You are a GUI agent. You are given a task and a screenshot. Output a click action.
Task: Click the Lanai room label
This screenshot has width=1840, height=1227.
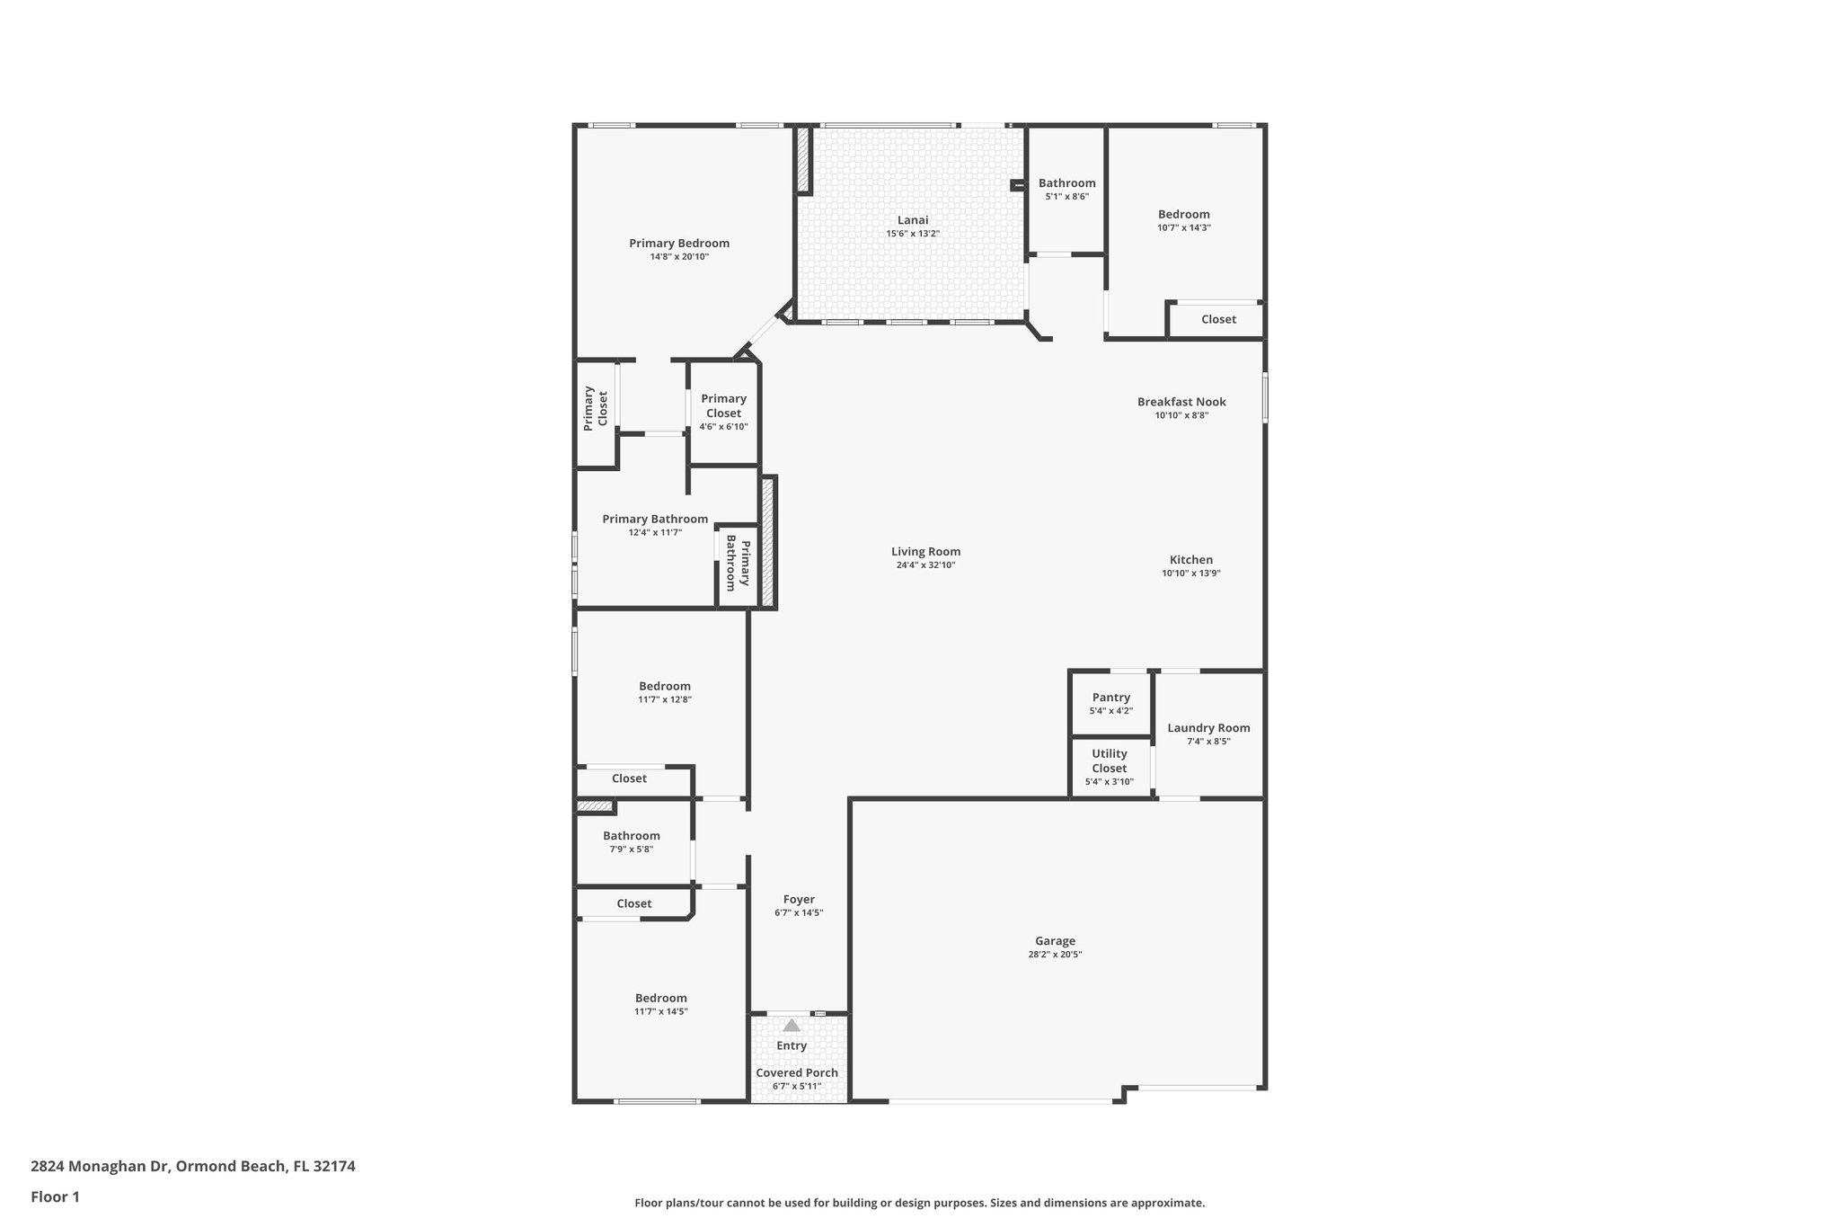click(x=913, y=220)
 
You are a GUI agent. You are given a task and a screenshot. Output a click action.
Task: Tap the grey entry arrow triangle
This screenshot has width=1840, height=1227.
click(x=791, y=1026)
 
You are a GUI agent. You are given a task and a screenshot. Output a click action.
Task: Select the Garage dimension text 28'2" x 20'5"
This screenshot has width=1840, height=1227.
click(x=1055, y=955)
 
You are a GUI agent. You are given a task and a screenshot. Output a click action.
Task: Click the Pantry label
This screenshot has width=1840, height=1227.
click(x=1110, y=698)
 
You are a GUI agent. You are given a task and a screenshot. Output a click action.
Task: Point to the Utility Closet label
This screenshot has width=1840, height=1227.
click(x=1109, y=761)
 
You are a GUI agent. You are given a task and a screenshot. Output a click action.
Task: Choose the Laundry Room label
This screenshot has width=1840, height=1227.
click(x=1208, y=728)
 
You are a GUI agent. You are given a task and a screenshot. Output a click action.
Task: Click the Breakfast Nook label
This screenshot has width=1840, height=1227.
click(x=1181, y=402)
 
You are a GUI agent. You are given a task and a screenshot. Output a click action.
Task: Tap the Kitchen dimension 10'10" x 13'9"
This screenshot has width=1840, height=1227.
click(x=1190, y=573)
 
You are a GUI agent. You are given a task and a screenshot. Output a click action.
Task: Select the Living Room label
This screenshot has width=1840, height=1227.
click(x=925, y=552)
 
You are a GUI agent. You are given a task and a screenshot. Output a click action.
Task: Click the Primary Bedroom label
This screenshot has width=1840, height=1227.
click(x=679, y=244)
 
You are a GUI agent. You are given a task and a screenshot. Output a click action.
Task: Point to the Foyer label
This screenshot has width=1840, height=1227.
click(x=799, y=899)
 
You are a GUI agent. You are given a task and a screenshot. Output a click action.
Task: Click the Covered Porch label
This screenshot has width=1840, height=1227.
click(x=797, y=1072)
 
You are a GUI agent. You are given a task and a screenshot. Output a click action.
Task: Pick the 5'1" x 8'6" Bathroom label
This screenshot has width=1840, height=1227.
click(x=1066, y=183)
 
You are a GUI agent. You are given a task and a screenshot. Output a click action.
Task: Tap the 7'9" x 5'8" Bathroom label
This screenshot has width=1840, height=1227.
click(x=631, y=836)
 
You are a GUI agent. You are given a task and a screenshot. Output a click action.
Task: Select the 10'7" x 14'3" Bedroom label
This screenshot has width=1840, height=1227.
click(x=1183, y=214)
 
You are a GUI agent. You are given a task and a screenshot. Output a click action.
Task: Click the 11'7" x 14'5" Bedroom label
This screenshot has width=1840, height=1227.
click(x=661, y=998)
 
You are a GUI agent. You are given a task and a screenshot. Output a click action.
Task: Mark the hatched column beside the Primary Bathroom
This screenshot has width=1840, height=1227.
click(x=767, y=543)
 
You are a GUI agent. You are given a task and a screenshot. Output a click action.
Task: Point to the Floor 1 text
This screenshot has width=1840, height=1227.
click(x=55, y=1196)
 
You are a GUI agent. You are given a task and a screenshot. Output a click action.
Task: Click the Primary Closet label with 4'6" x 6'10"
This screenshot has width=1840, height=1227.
click(x=723, y=406)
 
